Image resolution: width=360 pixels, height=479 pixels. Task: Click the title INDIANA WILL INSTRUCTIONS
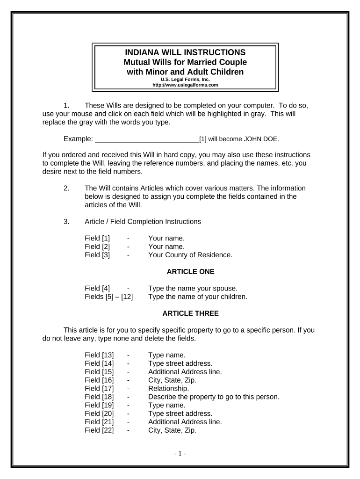click(185, 52)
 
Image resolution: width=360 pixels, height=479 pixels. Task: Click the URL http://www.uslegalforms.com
click(185, 85)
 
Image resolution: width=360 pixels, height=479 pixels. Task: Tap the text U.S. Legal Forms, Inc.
click(185, 80)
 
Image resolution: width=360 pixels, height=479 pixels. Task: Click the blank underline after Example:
click(147, 139)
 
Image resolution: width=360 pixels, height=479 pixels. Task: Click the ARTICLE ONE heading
click(190, 271)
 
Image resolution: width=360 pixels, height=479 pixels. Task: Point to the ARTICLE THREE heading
click(190, 313)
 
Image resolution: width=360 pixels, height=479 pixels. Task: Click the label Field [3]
click(97, 255)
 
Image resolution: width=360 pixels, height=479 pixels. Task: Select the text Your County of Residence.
click(190, 255)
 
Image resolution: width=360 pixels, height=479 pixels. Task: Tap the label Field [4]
click(97, 288)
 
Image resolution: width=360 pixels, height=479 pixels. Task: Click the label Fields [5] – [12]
click(108, 297)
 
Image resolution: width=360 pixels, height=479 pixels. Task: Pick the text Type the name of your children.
click(197, 297)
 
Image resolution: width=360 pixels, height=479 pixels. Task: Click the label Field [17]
click(99, 388)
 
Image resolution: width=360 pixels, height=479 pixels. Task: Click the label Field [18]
click(99, 397)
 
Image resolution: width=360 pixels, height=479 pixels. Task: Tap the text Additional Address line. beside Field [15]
click(185, 371)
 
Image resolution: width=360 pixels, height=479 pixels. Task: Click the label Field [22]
click(99, 430)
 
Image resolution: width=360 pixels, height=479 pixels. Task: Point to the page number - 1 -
click(180, 453)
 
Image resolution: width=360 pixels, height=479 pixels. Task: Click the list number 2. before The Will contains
click(66, 189)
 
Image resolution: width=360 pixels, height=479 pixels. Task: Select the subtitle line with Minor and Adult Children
click(185, 72)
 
